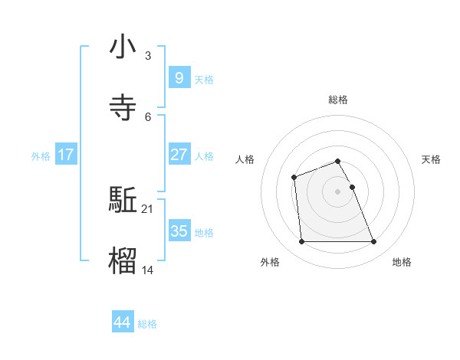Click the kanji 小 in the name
click(123, 47)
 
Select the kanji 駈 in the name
click(123, 201)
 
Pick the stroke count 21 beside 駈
click(148, 208)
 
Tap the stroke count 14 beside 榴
click(148, 269)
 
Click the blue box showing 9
click(179, 77)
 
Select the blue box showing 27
click(179, 155)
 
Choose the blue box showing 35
click(179, 231)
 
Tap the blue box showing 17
click(66, 155)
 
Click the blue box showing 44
click(122, 322)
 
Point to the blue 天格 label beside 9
click(204, 79)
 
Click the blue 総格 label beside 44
click(147, 324)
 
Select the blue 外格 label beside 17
click(41, 156)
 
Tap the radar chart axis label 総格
click(338, 100)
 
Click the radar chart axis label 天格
click(431, 159)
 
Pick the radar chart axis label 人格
click(245, 159)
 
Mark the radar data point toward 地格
click(373, 242)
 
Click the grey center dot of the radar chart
click(338, 191)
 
